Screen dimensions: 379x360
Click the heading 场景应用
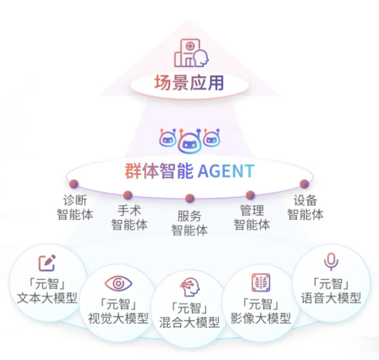(x=189, y=83)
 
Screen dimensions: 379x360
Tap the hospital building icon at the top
(x=191, y=52)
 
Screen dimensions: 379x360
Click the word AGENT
(x=226, y=171)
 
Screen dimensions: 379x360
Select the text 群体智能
(x=159, y=171)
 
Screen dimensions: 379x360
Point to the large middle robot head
(x=190, y=143)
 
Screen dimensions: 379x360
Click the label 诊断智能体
(x=75, y=208)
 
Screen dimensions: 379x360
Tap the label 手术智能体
(x=129, y=217)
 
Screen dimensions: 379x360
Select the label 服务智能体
(x=190, y=223)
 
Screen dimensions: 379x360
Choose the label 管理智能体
(x=252, y=217)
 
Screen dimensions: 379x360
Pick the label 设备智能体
(x=305, y=208)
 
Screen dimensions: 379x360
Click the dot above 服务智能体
(x=190, y=198)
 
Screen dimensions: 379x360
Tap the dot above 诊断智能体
(x=74, y=184)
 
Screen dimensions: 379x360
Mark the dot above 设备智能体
(x=304, y=184)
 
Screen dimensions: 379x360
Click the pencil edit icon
(x=47, y=263)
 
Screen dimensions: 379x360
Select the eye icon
(x=118, y=283)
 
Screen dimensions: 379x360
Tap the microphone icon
(x=331, y=262)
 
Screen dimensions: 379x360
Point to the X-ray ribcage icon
(x=261, y=282)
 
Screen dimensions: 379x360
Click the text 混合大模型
(x=190, y=322)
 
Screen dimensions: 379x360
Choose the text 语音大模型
(x=331, y=298)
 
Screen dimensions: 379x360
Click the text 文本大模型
(x=47, y=298)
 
